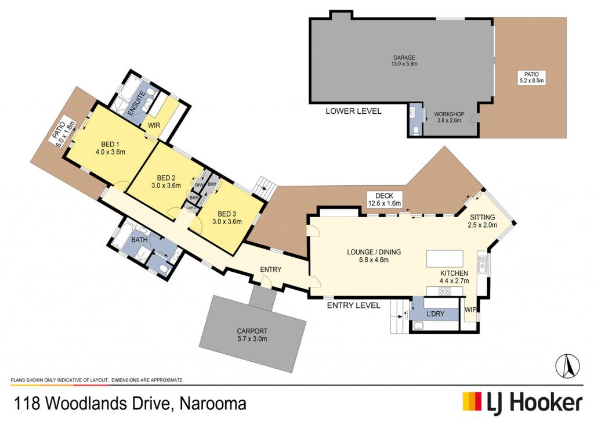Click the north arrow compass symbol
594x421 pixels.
[x=567, y=366]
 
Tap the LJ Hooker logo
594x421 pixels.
[x=523, y=403]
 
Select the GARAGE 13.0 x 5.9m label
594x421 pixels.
[x=404, y=61]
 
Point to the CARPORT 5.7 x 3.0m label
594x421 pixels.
[x=252, y=335]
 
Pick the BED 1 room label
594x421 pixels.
[x=110, y=148]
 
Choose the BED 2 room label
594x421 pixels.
[x=166, y=182]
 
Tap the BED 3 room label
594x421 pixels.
[x=227, y=217]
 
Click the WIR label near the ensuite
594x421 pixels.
[x=154, y=125]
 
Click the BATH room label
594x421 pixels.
[x=139, y=240]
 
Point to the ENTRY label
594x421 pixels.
[x=270, y=269]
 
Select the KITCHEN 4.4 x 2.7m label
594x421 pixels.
[x=454, y=277]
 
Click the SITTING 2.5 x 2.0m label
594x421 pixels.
[x=482, y=221]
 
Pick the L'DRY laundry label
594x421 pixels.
[x=435, y=314]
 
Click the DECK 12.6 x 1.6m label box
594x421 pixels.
[x=384, y=200]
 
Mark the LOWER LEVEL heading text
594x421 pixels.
[x=353, y=111]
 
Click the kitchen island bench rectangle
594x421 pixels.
[x=445, y=258]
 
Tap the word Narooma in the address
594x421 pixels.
[x=213, y=403]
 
